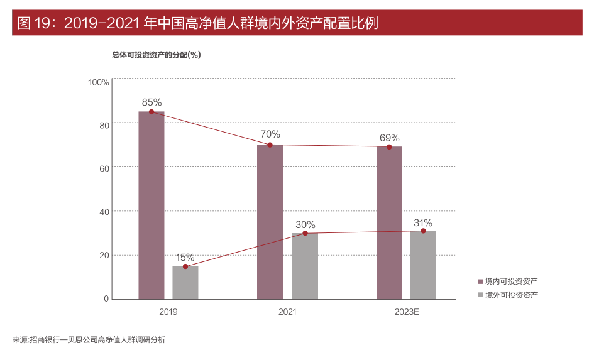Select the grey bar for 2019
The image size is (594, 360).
click(185, 283)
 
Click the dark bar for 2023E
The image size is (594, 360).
click(389, 223)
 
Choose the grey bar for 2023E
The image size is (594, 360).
click(423, 265)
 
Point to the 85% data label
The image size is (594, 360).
click(151, 102)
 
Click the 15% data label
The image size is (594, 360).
click(185, 258)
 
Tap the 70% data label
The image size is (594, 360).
click(270, 134)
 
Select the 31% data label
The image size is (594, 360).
click(423, 222)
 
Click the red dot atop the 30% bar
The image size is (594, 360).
click(305, 233)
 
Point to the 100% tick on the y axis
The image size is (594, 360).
click(99, 82)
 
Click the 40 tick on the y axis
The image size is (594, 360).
click(104, 212)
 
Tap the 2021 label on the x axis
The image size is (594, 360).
click(287, 311)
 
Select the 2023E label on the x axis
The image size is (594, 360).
click(406, 311)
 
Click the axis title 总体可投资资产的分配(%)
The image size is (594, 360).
click(157, 55)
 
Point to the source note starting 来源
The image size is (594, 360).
click(89, 340)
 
